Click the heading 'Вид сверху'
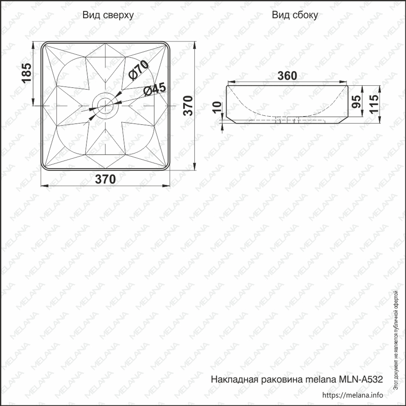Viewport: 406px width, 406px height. pos(108,15)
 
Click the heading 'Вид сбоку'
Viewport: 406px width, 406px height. pos(295,15)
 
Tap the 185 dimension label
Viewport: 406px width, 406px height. pos(27,73)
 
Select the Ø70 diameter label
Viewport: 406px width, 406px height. pos(139,70)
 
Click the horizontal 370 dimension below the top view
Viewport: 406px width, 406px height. pos(105,179)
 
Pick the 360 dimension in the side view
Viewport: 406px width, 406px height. pos(287,76)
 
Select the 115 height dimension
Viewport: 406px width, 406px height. pos(374,104)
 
